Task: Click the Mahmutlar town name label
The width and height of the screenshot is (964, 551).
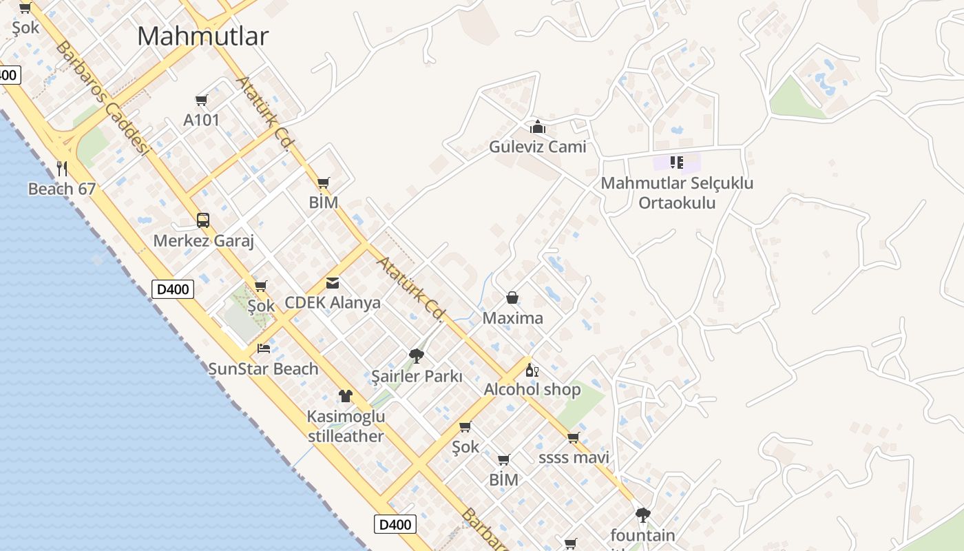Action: click(x=202, y=37)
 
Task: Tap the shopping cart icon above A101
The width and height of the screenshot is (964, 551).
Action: click(x=202, y=101)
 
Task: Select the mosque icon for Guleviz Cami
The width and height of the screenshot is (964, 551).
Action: click(x=538, y=127)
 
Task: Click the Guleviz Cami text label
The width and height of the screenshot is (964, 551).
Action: click(x=538, y=147)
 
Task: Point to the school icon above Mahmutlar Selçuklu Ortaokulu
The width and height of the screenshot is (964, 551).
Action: click(x=677, y=163)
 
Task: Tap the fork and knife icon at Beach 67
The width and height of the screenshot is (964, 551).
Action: click(x=62, y=168)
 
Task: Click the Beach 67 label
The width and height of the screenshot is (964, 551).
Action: click(x=62, y=189)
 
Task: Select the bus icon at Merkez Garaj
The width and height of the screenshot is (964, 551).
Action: click(x=203, y=220)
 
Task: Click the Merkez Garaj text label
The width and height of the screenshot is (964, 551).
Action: click(x=204, y=241)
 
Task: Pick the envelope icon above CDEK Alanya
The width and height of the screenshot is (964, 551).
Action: click(x=333, y=282)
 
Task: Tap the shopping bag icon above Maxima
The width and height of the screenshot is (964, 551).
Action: click(x=512, y=298)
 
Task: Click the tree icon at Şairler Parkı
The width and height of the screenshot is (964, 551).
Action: click(x=416, y=356)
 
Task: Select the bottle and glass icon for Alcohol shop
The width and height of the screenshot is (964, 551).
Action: click(x=532, y=370)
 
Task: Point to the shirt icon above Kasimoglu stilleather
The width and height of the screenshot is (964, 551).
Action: click(x=346, y=396)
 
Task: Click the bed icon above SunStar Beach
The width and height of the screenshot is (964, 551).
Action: click(x=264, y=349)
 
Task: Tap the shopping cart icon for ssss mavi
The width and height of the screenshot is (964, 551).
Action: click(x=574, y=438)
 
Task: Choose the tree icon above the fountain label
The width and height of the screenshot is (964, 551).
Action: click(x=642, y=514)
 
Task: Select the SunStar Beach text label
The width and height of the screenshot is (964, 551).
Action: click(x=264, y=369)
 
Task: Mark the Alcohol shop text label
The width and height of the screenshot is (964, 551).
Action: click(x=532, y=390)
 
